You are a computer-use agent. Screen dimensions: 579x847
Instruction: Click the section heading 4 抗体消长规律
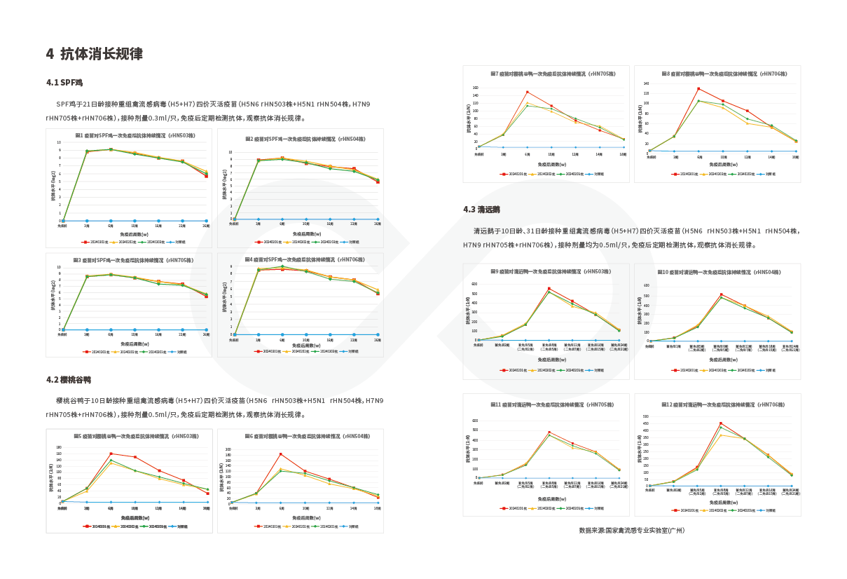[x=95, y=54]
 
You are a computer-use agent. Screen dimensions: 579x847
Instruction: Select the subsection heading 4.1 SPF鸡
[x=64, y=83]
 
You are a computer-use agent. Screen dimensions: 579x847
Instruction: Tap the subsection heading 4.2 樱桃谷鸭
[x=69, y=380]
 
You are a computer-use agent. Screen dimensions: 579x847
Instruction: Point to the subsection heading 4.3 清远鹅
[x=481, y=210]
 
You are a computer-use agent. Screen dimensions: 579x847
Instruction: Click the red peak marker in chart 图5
[x=111, y=454]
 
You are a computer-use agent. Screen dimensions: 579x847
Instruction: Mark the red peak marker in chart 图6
[x=281, y=454]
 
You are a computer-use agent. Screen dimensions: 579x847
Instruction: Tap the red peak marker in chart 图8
[x=698, y=88]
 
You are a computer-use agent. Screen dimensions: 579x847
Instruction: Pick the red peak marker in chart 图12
[x=720, y=423]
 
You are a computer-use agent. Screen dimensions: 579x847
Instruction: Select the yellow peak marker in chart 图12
[x=720, y=435]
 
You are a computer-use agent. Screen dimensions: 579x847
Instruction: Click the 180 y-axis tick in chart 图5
[x=60, y=447]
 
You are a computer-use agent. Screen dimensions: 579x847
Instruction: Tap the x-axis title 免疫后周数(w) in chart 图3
[x=133, y=344]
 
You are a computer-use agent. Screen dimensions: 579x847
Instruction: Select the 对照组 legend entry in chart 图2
[x=352, y=242]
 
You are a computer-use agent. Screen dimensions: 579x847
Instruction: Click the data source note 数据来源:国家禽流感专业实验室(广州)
[x=631, y=531]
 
